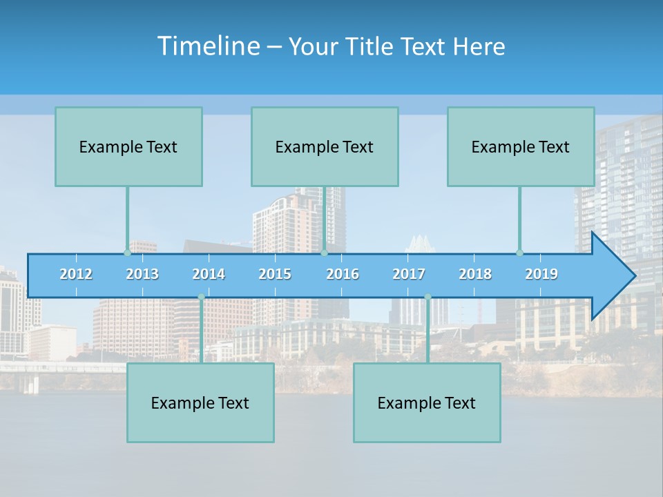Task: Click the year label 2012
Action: tap(76, 274)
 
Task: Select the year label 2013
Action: tap(142, 274)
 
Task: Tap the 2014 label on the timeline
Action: tap(209, 274)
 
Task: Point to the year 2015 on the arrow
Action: tap(275, 274)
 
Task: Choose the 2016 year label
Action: tap(343, 274)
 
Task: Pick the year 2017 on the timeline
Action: tap(409, 274)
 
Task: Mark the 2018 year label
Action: tap(475, 274)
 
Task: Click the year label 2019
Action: tap(541, 274)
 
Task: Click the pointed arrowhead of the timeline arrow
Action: tap(615, 276)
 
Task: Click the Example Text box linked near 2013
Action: tap(128, 146)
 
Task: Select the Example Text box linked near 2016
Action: tap(325, 146)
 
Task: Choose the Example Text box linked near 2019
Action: tap(521, 146)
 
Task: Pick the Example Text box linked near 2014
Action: tap(200, 402)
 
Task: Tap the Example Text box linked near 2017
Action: tap(427, 402)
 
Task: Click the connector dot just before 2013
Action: tap(127, 253)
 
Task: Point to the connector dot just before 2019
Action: tap(519, 253)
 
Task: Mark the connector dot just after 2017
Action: tap(427, 297)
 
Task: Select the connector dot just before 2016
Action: tap(324, 253)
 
